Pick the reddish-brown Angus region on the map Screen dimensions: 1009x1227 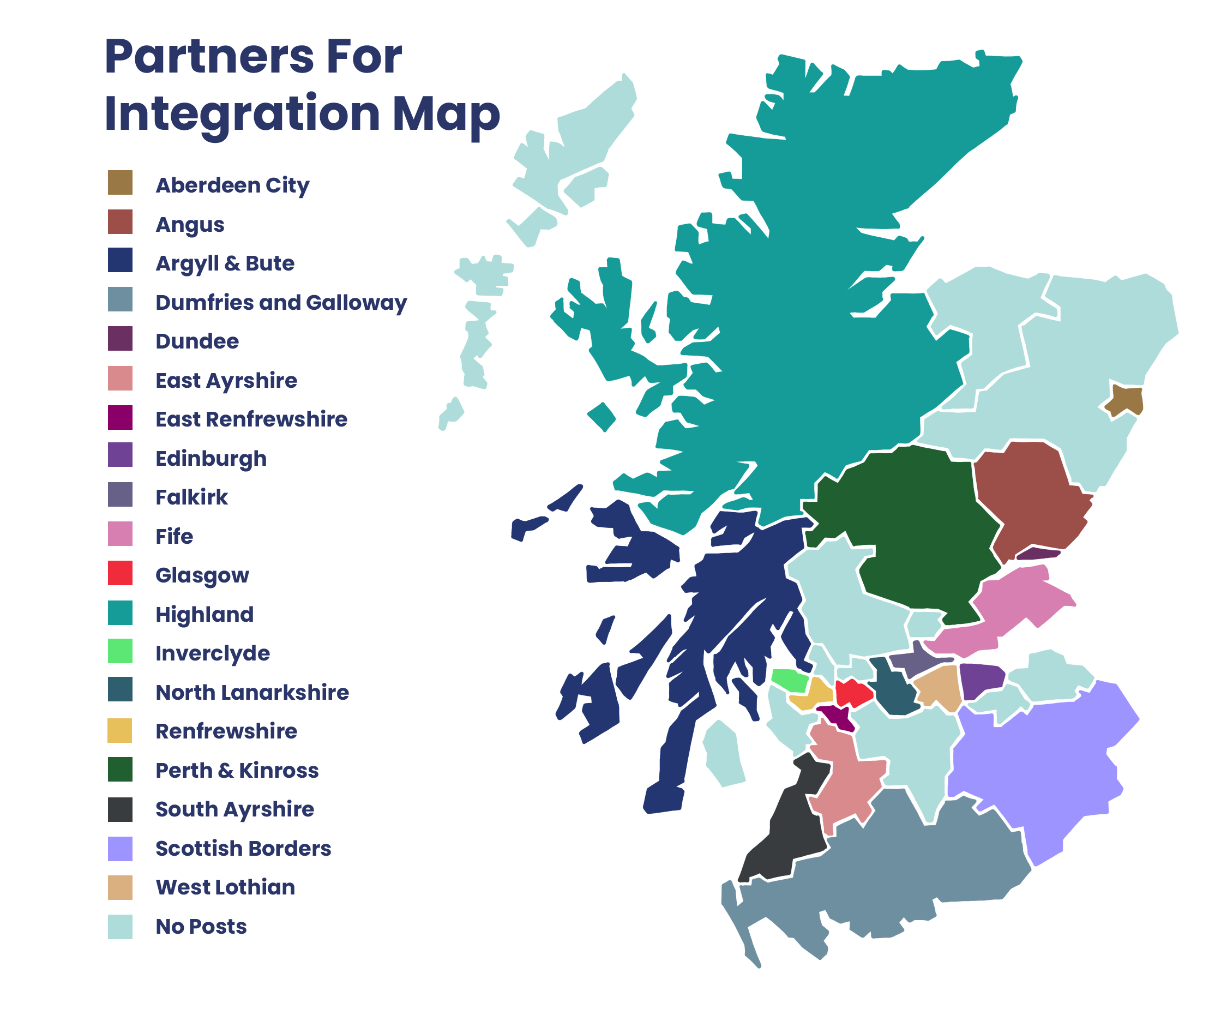tap(1029, 494)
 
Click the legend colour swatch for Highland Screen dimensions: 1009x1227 tap(120, 612)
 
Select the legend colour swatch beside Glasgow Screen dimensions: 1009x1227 tap(120, 573)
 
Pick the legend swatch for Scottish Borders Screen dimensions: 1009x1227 tap(120, 849)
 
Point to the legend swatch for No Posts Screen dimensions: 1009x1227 tap(120, 927)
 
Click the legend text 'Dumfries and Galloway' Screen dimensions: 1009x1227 tap(281, 302)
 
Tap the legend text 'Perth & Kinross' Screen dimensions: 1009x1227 tap(237, 770)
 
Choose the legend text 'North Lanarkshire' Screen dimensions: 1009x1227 tap(252, 692)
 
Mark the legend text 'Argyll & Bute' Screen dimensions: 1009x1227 tap(225, 263)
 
